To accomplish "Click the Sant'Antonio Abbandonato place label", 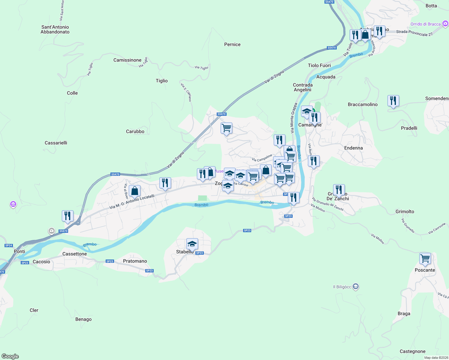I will [55, 29].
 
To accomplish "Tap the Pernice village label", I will [232, 44].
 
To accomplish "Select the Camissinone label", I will [127, 60].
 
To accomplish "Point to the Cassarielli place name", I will [56, 143].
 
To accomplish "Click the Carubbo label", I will [135, 131].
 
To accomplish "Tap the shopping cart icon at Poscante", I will [425, 258].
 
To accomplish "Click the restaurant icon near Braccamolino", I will [393, 100].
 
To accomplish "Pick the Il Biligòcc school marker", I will [355, 287].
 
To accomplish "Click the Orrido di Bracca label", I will [426, 24].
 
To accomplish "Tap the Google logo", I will [10, 356].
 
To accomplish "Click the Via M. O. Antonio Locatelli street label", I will [132, 202].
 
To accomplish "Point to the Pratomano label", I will [135, 261].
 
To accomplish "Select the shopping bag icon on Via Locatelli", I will [135, 190].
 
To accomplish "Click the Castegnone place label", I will [412, 351].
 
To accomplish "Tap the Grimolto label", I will [405, 211].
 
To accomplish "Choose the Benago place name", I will [83, 319].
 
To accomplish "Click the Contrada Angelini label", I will [303, 87].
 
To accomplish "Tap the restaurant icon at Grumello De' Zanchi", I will [339, 190].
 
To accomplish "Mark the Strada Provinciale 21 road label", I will [414, 33].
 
